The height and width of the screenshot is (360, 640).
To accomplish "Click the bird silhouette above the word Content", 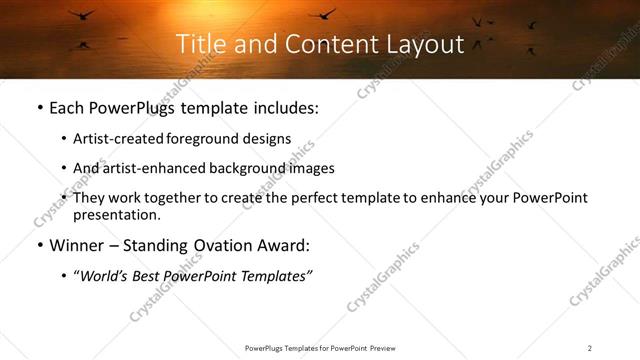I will coord(322,13).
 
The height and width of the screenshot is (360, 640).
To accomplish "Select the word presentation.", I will coord(116,215).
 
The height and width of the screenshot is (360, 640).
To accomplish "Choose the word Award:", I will coord(286,246).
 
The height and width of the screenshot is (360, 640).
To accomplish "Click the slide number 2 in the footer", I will coord(589,348).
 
